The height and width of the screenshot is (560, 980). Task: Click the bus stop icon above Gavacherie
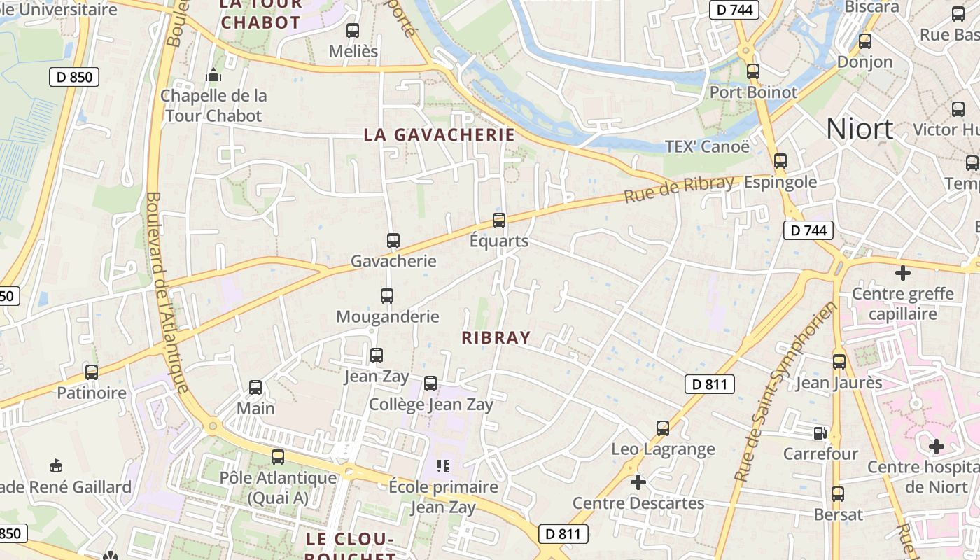(393, 241)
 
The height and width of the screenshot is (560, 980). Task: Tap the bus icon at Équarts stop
(499, 220)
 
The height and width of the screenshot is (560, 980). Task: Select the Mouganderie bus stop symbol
(387, 296)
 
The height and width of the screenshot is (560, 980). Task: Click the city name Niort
(860, 129)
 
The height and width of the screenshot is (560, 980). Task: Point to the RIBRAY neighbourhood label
(496, 337)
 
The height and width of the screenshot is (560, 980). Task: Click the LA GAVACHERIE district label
(439, 134)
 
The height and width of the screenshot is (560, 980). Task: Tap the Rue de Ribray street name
(678, 189)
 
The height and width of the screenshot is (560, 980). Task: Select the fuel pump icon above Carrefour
(820, 433)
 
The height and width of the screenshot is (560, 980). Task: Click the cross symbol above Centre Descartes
(638, 482)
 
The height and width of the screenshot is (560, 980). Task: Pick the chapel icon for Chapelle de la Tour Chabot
(213, 74)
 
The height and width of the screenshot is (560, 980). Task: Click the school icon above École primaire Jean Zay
(443, 465)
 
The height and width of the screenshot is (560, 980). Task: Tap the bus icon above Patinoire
(92, 372)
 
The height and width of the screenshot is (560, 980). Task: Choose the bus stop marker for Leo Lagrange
(663, 428)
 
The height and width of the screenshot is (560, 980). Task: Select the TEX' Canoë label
(707, 146)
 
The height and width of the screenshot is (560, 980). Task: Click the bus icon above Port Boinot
(753, 71)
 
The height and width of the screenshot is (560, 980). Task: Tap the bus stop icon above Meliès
(353, 31)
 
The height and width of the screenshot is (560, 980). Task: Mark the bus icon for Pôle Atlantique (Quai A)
(278, 457)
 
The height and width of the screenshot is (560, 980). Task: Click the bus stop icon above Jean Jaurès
(839, 362)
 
